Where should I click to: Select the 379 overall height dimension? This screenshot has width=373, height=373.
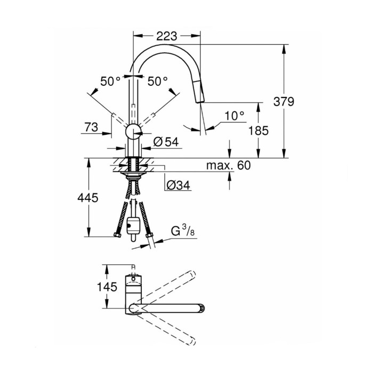283,101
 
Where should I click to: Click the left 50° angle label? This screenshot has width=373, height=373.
110,82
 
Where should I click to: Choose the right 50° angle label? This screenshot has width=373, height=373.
158,82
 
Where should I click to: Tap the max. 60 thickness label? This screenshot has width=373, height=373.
228,166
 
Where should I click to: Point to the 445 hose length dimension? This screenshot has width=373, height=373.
87,198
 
